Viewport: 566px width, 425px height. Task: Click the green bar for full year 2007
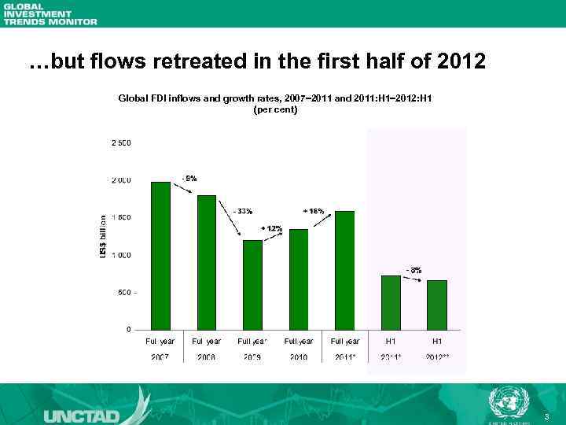160,256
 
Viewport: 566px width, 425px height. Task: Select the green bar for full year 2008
207,262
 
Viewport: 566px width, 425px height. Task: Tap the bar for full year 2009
252,285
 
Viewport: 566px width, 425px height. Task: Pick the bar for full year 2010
299,279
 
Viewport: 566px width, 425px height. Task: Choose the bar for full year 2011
344,270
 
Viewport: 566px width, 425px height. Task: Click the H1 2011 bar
391,302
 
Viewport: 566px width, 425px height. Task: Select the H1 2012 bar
437,305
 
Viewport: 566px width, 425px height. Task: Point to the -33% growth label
243,211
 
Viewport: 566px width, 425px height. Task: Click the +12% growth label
272,227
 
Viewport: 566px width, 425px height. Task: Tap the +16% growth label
314,211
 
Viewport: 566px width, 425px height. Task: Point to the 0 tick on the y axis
128,329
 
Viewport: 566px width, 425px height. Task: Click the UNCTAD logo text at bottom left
83,414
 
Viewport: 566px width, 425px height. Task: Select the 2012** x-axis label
437,357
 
